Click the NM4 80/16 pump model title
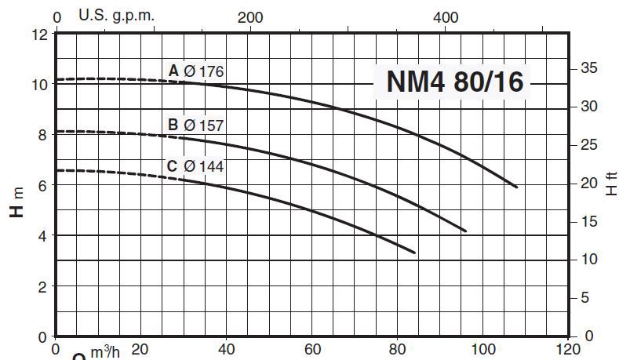454,82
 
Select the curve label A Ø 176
196,71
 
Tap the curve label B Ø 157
196,124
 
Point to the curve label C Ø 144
196,165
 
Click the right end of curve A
516,187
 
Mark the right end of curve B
466,231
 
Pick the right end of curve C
413,252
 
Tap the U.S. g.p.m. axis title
118,15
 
